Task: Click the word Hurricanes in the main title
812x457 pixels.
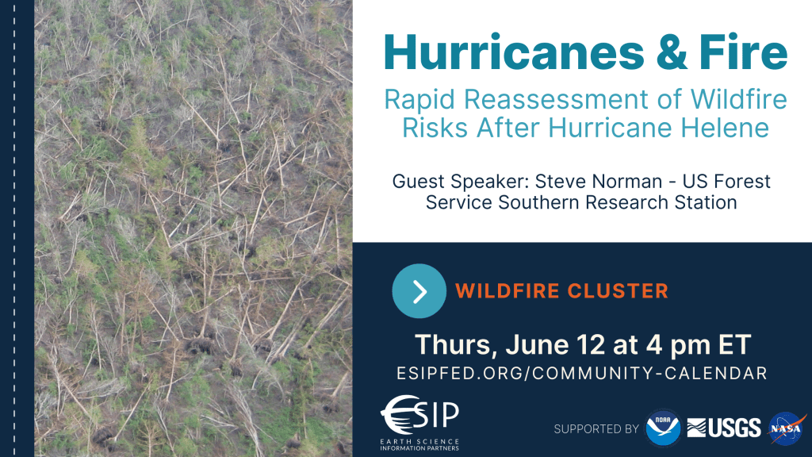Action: click(x=514, y=52)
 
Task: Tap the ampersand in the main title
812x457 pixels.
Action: click(x=671, y=52)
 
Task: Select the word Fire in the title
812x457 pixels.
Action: click(x=743, y=52)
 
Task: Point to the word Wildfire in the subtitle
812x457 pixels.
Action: click(x=739, y=99)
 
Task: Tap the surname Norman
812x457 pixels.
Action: click(x=627, y=182)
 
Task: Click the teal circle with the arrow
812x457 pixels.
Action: click(x=419, y=290)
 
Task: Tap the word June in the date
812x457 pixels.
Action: click(x=537, y=344)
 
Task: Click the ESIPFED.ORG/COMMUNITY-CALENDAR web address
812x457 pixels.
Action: click(x=582, y=373)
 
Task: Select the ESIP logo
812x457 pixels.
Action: click(x=419, y=423)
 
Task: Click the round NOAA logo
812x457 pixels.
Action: click(x=663, y=428)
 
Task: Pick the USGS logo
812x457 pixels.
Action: click(x=724, y=428)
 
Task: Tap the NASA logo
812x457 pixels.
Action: click(x=787, y=428)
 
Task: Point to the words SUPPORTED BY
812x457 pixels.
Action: click(x=596, y=429)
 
